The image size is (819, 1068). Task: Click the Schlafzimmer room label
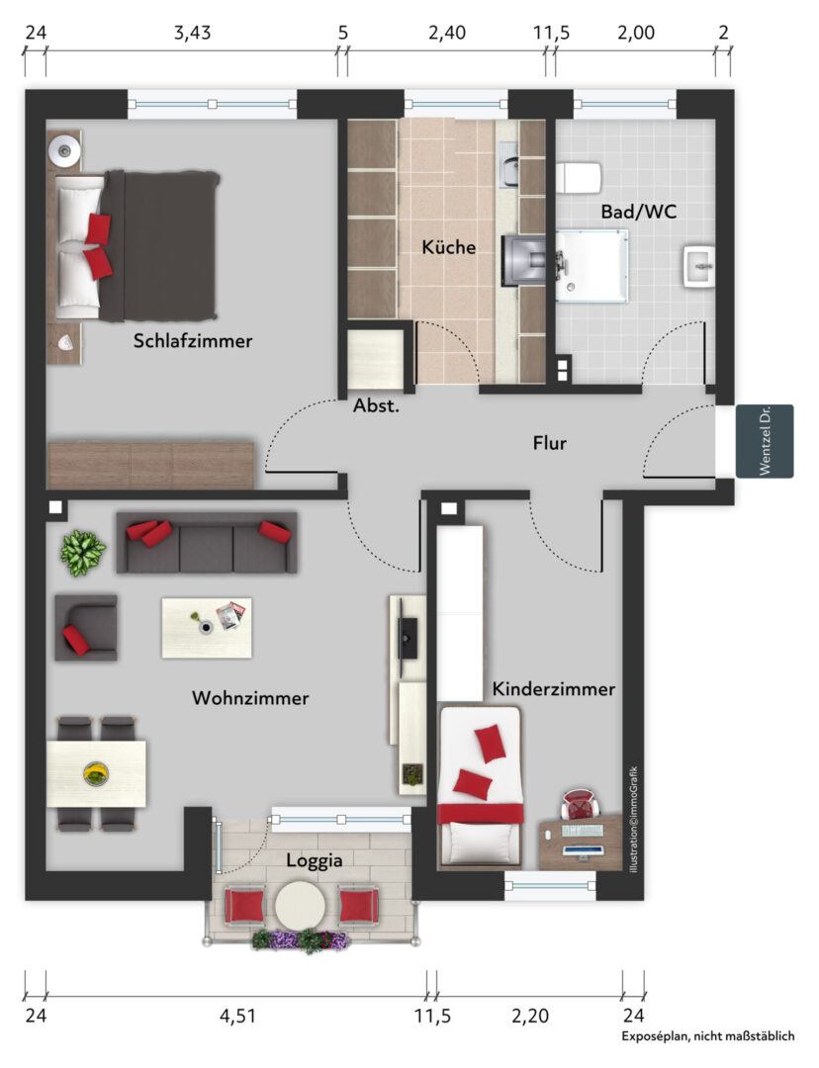pos(193,340)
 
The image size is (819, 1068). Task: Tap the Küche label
pos(448,246)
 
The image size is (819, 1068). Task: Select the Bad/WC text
pos(638,212)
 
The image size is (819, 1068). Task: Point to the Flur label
pos(549,443)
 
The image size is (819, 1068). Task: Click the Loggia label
pos(315,860)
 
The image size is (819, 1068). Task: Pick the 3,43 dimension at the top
pos(192,33)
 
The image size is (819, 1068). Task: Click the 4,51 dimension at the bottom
pos(237,1017)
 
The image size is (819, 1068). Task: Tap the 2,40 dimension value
pos(447,33)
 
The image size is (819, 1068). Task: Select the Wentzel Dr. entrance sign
pos(765,441)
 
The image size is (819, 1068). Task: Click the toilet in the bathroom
pos(579,178)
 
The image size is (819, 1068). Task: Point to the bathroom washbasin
pos(699,267)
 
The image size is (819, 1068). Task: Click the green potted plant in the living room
pos(82,553)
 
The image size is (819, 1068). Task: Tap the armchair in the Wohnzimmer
pos(86,627)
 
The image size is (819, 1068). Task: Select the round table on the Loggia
pos(300,906)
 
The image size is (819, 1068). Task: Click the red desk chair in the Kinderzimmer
pos(580,804)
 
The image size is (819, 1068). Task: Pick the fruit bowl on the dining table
pos(96,773)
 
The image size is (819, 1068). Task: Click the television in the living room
pos(409,638)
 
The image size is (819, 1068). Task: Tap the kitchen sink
pos(509,172)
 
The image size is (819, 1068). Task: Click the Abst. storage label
pos(376,406)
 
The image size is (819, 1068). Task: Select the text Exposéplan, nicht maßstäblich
pos(708,1036)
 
